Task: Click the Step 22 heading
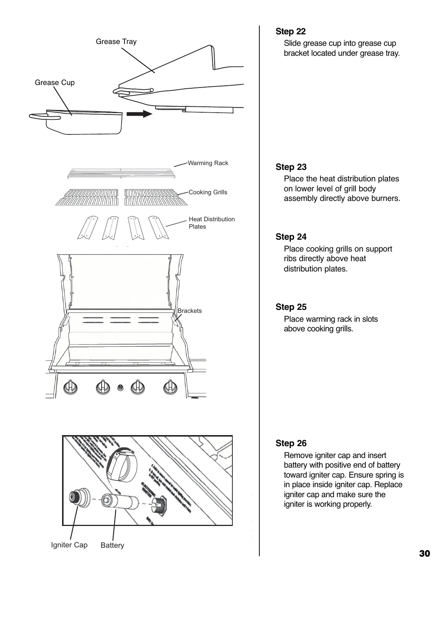pyautogui.click(x=290, y=32)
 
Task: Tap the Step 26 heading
pyautogui.click(x=291, y=443)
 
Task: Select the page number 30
pyautogui.click(x=424, y=554)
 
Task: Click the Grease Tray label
pyautogui.click(x=116, y=42)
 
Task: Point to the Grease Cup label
pyautogui.click(x=55, y=83)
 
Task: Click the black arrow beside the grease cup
pyautogui.click(x=139, y=114)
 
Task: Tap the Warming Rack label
pyautogui.click(x=208, y=163)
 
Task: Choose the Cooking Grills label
pyautogui.click(x=208, y=192)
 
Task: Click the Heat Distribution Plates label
pyautogui.click(x=211, y=223)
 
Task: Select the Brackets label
pyautogui.click(x=190, y=311)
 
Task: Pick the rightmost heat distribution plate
pyautogui.click(x=158, y=227)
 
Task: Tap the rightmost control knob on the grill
pyautogui.click(x=170, y=387)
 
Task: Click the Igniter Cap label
pyautogui.click(x=69, y=545)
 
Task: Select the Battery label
pyautogui.click(x=112, y=546)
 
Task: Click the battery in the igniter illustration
pyautogui.click(x=120, y=502)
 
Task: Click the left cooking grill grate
pyautogui.click(x=87, y=197)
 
